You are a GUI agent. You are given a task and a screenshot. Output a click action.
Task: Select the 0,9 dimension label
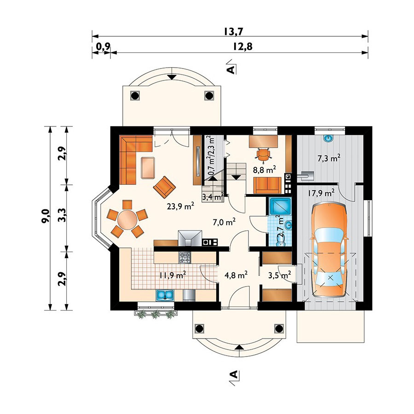102,46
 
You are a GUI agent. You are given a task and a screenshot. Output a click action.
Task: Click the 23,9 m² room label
180,207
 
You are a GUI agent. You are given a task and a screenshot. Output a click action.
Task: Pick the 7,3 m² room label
329,159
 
